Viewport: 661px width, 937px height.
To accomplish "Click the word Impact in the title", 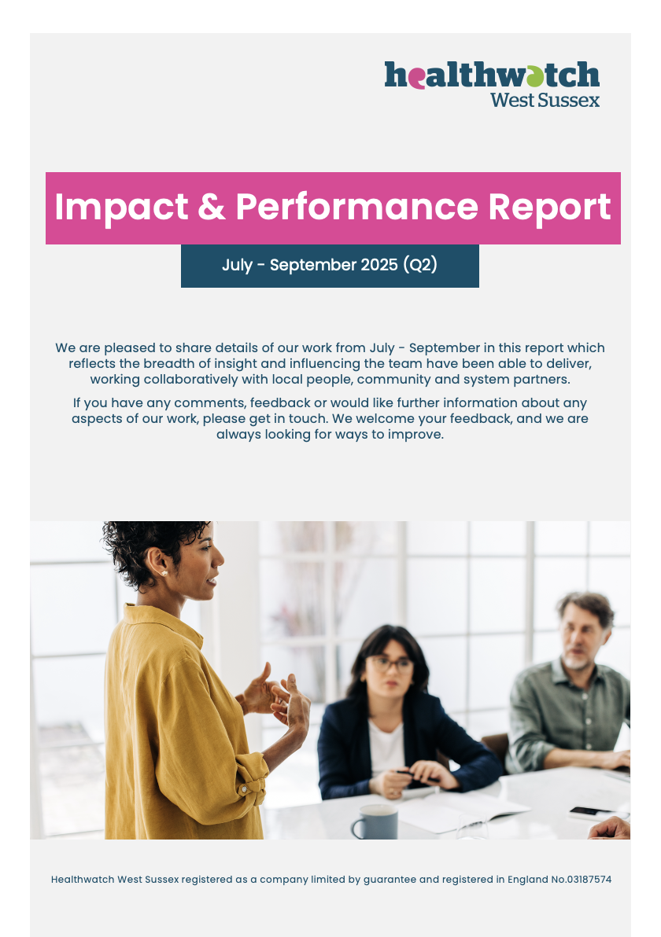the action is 121,208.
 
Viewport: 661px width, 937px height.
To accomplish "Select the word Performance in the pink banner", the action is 356,207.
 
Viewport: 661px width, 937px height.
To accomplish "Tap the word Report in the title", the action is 550,208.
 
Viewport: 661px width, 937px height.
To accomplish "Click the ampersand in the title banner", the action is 212,208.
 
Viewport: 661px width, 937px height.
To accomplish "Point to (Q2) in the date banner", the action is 420,265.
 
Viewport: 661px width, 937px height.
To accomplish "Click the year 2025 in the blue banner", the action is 379,265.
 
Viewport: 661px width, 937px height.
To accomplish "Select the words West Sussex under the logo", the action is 545,100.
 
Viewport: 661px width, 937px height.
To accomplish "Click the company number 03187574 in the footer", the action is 589,880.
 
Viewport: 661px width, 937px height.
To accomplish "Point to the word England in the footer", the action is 527,880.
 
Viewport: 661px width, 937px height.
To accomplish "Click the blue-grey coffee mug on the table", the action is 375,822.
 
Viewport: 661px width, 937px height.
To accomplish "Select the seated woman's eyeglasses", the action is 390,663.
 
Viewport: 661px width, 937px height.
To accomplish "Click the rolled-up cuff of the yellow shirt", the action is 252,779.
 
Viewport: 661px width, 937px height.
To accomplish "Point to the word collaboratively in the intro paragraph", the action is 190,380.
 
